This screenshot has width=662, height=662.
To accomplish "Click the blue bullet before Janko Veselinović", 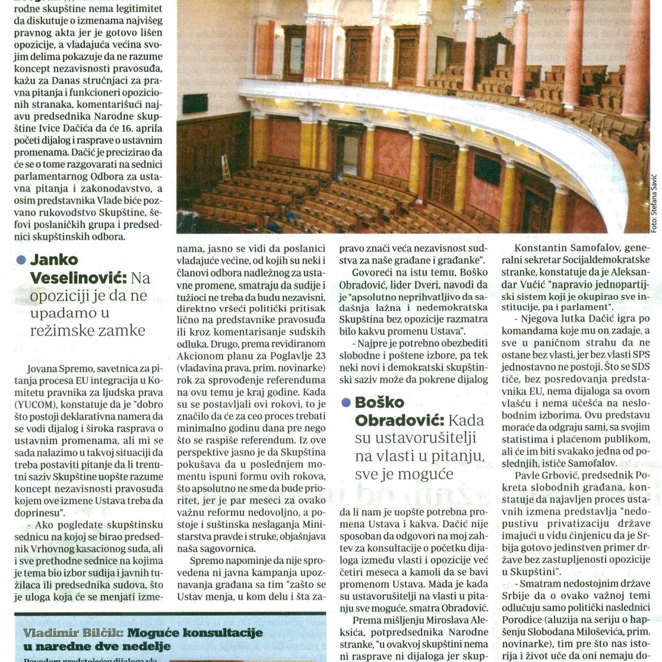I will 22,260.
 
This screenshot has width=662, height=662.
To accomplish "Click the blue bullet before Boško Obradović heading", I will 346,403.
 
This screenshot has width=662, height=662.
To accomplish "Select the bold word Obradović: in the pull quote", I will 399,420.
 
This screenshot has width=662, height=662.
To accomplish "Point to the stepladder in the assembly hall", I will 226,168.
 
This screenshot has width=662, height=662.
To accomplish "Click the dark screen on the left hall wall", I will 195,103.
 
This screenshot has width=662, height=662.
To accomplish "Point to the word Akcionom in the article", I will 198,356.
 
